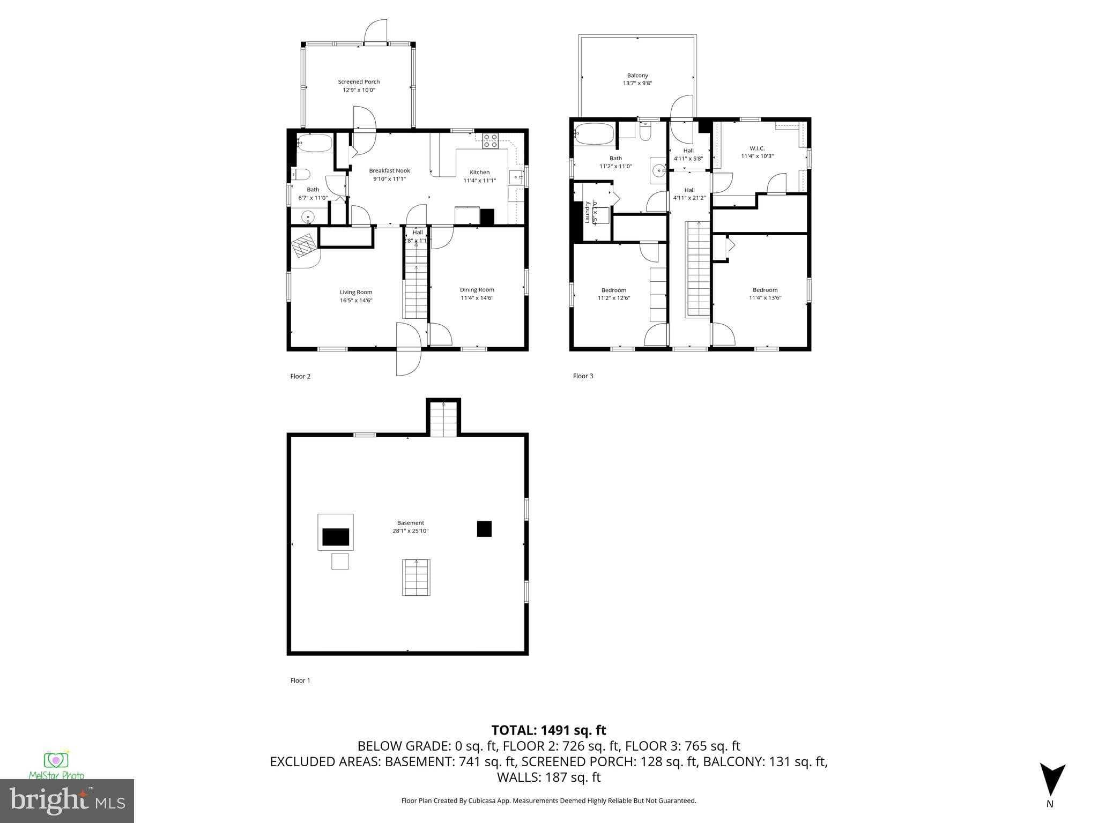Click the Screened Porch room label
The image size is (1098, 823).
359,82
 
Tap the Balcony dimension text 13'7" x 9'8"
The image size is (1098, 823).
637,84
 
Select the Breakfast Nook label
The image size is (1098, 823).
389,171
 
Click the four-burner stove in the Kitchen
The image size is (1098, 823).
490,140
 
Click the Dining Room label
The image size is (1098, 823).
477,290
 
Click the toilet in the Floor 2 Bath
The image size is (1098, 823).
301,175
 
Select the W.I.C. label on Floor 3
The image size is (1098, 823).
757,148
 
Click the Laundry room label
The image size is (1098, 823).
588,212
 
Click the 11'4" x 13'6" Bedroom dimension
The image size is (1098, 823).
765,297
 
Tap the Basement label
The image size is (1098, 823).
410,523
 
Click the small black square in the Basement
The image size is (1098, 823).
484,529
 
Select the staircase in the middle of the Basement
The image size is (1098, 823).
417,577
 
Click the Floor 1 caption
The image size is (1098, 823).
300,680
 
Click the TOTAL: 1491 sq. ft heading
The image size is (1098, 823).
548,730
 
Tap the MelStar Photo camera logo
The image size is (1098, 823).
56,760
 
